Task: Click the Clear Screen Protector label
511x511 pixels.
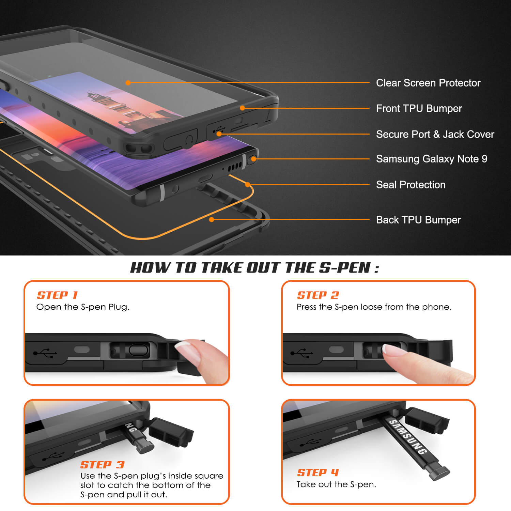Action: coord(428,83)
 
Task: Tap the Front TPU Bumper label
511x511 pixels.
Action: coord(419,108)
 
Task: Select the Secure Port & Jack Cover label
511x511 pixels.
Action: coord(435,134)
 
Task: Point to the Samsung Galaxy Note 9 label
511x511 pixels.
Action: coord(432,159)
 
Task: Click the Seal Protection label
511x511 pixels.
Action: coord(411,185)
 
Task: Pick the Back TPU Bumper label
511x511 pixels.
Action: coord(418,220)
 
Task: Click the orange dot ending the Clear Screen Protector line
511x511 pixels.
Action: coord(128,82)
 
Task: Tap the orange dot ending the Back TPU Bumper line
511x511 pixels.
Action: coord(212,219)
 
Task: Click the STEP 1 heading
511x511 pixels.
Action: coord(57,295)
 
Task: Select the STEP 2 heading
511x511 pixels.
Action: coord(318,295)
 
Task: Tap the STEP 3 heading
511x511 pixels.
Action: coord(102,465)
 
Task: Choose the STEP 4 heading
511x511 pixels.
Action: coord(318,473)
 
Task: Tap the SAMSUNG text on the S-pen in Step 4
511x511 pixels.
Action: coord(408,437)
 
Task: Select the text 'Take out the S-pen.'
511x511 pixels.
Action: coord(336,484)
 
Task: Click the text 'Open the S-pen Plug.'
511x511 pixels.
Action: coord(83,307)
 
